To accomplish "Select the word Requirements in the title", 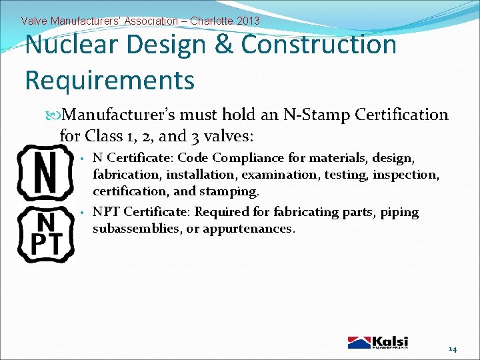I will pos(109,80).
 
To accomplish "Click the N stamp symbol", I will pos(44,172).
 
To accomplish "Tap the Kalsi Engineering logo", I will pos(377,342).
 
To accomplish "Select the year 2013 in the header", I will pos(247,21).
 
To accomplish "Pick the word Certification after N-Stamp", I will pos(402,115).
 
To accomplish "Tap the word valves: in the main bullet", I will pos(230,136).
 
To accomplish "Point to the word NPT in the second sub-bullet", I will pos(106,213).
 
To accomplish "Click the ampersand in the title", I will pos(223,45).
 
